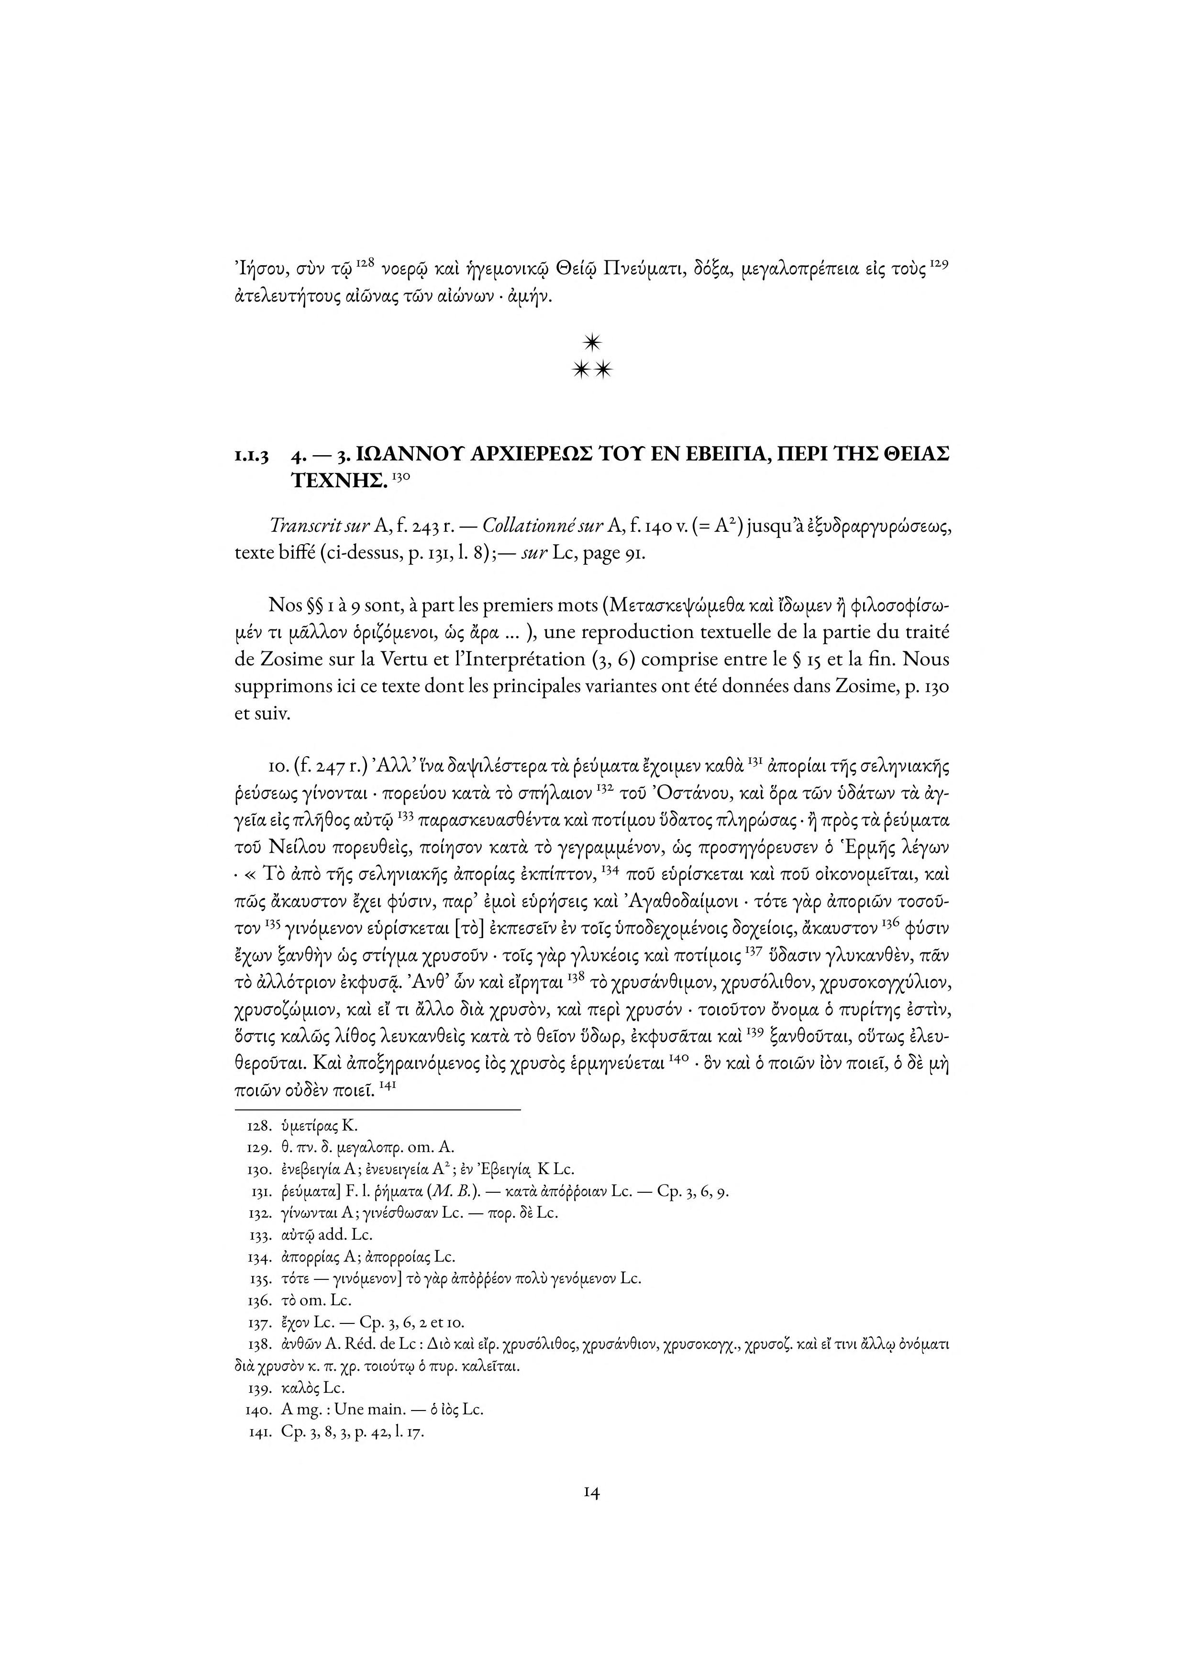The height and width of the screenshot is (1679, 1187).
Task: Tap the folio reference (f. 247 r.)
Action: point(320,767)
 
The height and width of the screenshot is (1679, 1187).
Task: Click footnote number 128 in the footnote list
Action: point(260,1126)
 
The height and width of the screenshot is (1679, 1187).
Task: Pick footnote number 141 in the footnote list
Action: point(260,1432)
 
